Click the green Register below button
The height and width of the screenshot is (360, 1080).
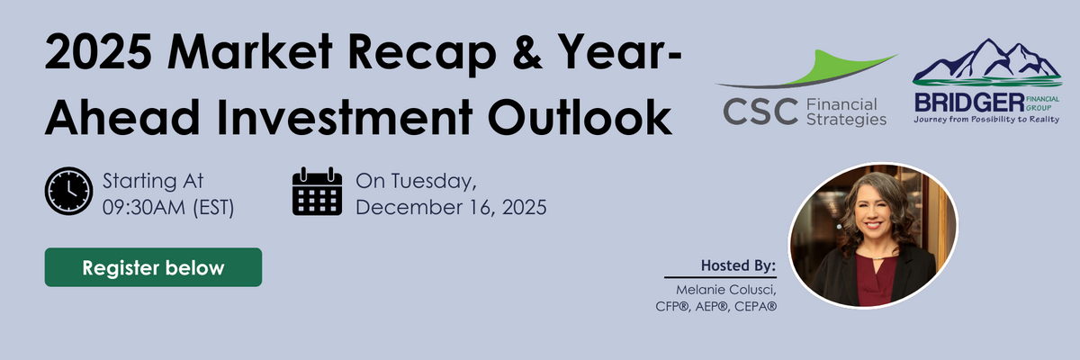153,267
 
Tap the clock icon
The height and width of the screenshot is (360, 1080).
69,192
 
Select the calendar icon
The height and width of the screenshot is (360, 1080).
317,192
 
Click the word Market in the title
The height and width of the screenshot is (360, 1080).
250,52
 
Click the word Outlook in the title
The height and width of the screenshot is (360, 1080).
580,117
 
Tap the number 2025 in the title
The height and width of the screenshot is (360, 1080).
98,52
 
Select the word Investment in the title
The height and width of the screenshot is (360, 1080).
345,117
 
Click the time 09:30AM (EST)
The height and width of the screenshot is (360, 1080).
168,207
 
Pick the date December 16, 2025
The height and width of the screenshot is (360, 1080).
451,207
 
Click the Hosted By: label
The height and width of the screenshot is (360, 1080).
738,265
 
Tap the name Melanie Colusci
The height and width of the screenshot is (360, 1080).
726,290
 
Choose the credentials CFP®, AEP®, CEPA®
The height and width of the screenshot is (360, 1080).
716,307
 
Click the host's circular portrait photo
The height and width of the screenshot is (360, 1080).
873,236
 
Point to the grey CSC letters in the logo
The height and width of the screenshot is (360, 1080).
760,112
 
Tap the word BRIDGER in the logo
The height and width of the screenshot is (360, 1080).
969,103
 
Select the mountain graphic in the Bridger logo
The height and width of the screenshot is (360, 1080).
987,63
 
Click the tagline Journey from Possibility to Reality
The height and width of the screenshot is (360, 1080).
986,119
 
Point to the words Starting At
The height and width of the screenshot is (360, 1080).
153,182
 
